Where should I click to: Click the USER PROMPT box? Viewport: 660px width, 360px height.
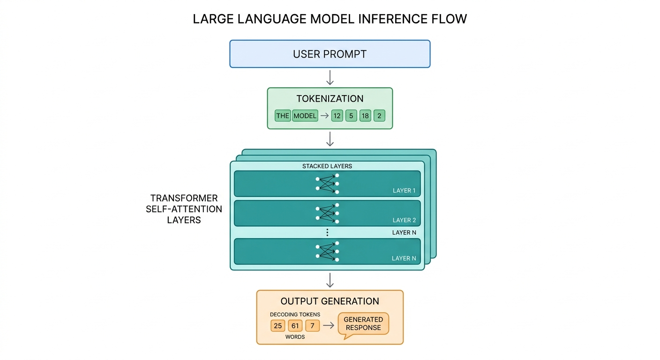pos(330,54)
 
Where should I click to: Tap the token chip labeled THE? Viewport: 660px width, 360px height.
pos(283,116)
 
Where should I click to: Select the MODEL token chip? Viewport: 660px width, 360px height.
pos(305,116)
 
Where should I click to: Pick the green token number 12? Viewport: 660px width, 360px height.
pos(337,116)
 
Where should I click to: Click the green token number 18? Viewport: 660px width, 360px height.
pos(365,116)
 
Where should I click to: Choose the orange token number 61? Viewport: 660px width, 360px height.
pos(295,325)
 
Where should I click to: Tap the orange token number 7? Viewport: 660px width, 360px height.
pos(312,325)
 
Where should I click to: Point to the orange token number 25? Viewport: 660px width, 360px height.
pos(277,325)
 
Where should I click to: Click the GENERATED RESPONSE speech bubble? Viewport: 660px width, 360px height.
pos(363,324)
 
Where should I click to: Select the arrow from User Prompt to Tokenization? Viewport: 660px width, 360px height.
pos(330,77)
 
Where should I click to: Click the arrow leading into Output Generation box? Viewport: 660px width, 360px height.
pos(330,280)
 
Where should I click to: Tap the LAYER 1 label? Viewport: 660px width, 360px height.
pos(404,191)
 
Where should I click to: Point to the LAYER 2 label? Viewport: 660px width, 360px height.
pos(404,220)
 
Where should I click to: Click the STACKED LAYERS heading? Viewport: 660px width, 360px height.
pos(327,166)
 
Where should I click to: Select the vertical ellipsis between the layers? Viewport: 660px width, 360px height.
pos(327,232)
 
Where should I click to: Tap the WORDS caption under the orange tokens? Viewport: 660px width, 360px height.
pos(295,337)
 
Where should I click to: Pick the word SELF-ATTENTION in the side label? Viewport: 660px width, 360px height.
pos(184,209)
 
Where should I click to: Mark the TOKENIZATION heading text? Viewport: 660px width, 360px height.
pos(330,99)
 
